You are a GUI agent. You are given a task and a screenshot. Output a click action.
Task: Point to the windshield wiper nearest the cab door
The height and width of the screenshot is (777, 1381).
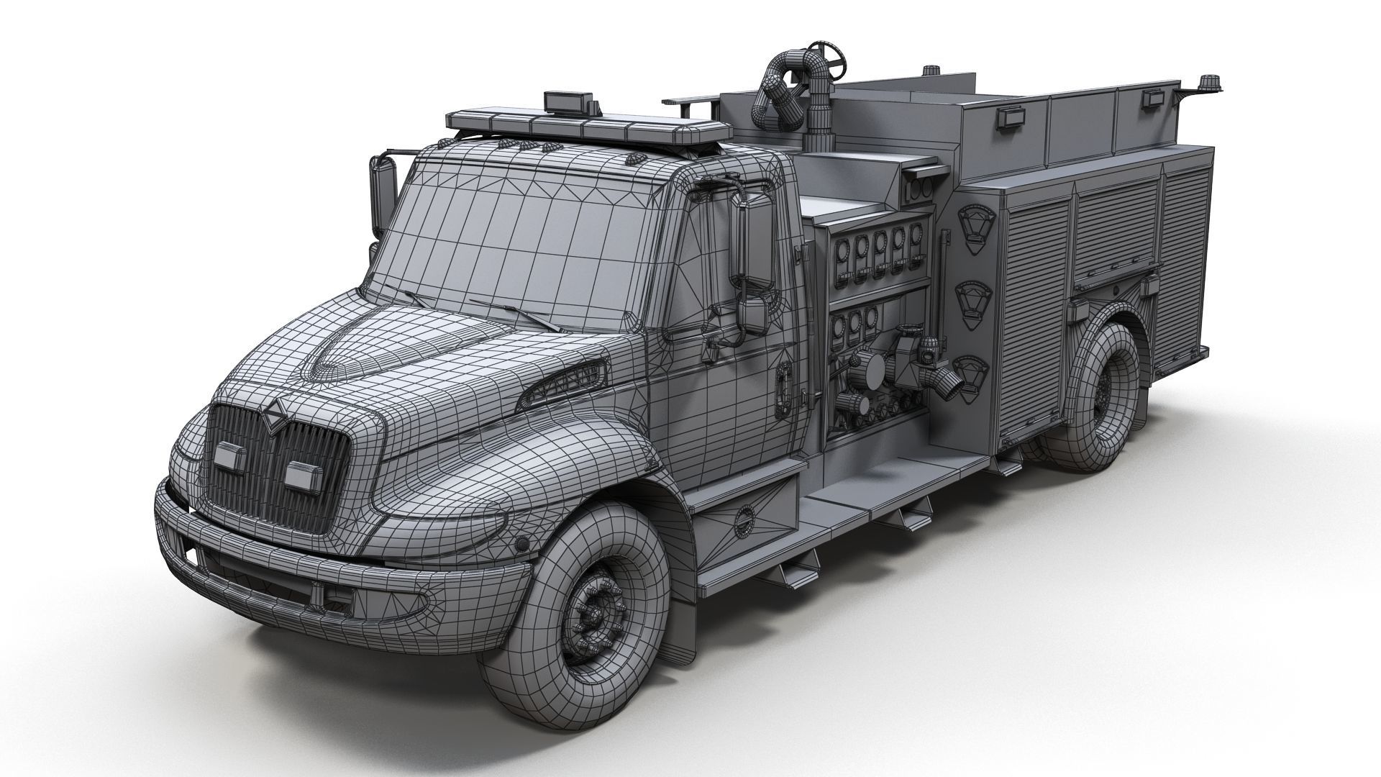point(515,316)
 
